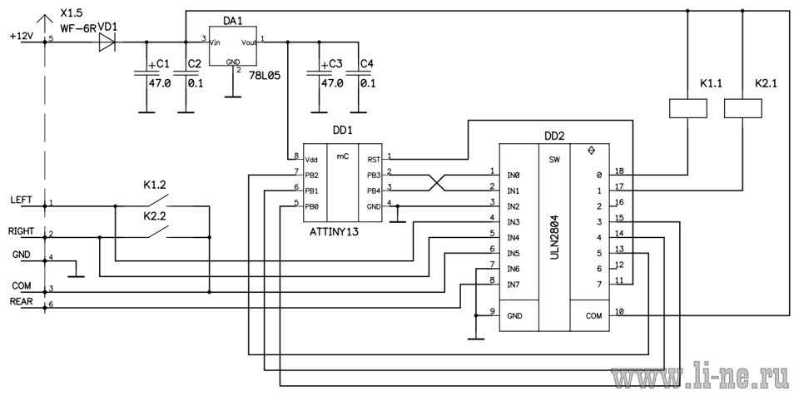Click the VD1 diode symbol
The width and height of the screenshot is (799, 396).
coord(107,42)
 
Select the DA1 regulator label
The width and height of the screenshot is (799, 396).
coord(232,21)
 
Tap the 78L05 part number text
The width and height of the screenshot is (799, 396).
coord(263,74)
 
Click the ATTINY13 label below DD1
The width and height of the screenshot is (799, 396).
coord(335,232)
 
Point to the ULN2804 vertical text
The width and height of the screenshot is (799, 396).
coord(554,237)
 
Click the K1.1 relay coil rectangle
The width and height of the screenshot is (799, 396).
coord(687,108)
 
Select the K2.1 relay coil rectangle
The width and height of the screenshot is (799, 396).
coord(743,108)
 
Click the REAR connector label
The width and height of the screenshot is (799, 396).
coord(22,302)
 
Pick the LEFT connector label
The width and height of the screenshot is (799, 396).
coord(21,200)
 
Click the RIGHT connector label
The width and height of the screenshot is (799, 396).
coord(21,231)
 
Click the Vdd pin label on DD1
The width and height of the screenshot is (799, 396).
coord(311,160)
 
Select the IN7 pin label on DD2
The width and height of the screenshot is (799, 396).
coord(514,284)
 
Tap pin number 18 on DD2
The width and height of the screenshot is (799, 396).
coord(619,171)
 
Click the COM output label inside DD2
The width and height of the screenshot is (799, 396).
coord(593,315)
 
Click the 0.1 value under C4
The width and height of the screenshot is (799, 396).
coord(367,82)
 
